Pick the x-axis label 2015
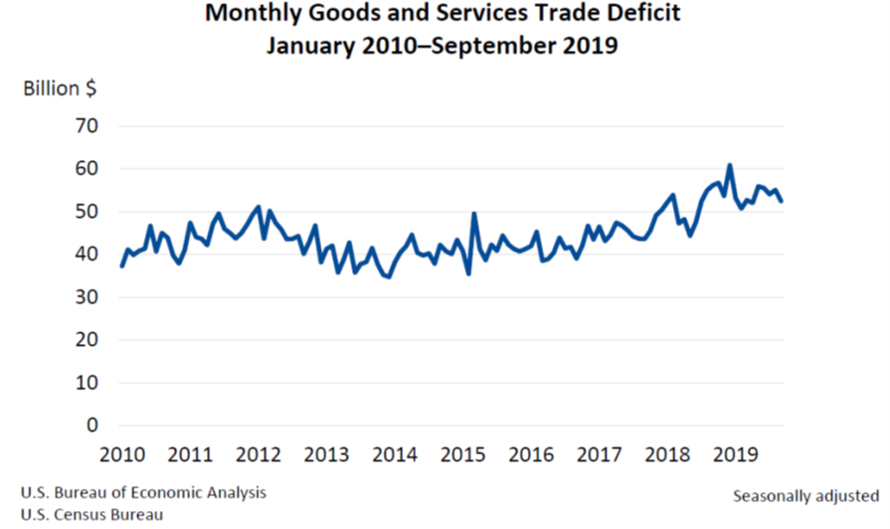tap(462, 455)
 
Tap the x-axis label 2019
tap(735, 455)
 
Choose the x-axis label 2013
tap(326, 455)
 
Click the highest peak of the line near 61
tap(730, 165)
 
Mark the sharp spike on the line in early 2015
tap(474, 214)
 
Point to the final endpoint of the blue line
tap(781, 201)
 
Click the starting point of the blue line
tap(122, 265)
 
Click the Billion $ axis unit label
tap(60, 88)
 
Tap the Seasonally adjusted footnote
tap(805, 494)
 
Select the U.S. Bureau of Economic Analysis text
tap(142, 492)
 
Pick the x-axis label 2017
tap(599, 455)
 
